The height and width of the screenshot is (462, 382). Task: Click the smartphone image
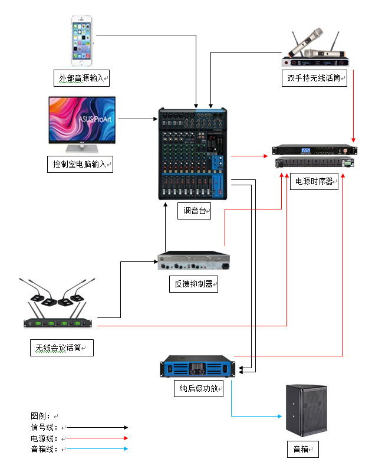click(83, 40)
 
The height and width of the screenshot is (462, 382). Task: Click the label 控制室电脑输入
click(80, 163)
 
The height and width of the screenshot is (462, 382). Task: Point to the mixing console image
click(193, 153)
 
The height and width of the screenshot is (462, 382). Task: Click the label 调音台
click(195, 211)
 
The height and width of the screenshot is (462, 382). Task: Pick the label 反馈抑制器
click(195, 284)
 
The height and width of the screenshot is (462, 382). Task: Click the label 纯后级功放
click(199, 389)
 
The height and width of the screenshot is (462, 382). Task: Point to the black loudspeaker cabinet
click(306, 409)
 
